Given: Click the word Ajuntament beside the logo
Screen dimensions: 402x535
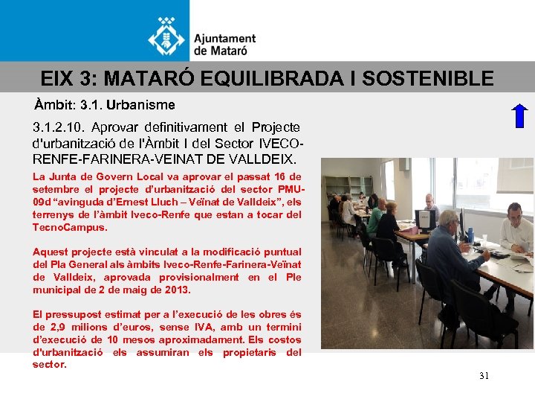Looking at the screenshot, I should pos(225,39).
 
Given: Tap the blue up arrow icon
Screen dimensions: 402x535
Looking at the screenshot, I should pos(519,117).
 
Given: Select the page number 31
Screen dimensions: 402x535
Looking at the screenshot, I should pos(484,376).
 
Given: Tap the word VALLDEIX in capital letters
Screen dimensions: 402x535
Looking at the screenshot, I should pos(256,159).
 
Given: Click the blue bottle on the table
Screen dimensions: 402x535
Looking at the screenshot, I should pos(470,235).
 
